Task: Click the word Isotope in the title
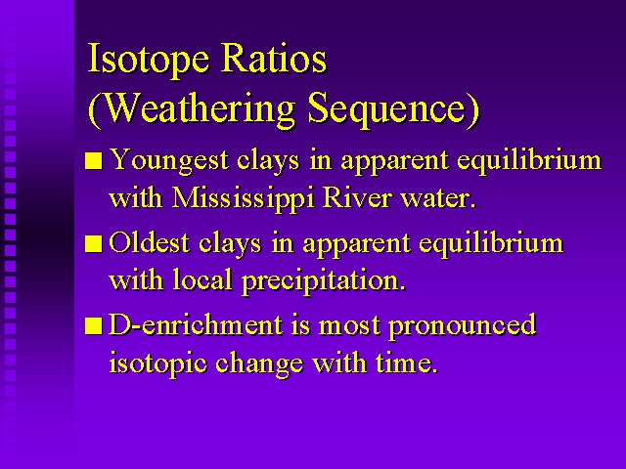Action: pyautogui.click(x=148, y=59)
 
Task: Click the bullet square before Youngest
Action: pyautogui.click(x=94, y=161)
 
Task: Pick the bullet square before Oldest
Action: pyautogui.click(x=94, y=243)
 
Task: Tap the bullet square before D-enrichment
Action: pyautogui.click(x=94, y=325)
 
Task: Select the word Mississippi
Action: pyautogui.click(x=244, y=198)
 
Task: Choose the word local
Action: pyautogui.click(x=202, y=279)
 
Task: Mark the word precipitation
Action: pyautogui.click(x=324, y=281)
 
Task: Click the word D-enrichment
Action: pyautogui.click(x=196, y=323)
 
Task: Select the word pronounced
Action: pyautogui.click(x=463, y=326)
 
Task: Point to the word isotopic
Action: pyautogui.click(x=158, y=362)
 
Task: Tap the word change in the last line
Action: pyautogui.click(x=258, y=362)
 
